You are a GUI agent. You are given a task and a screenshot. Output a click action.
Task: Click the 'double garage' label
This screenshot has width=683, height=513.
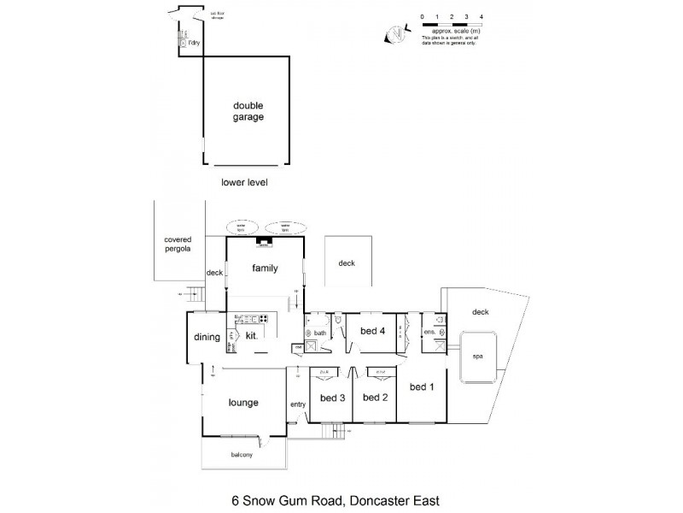point(248,111)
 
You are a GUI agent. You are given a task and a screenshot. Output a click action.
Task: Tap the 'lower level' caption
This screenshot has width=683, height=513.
point(244,182)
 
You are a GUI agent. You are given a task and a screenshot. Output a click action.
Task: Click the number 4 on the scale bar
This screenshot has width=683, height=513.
point(482,17)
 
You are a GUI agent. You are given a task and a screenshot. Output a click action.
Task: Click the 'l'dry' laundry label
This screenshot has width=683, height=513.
point(194,42)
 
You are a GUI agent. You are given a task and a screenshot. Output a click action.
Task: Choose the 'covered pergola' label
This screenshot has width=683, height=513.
point(178,245)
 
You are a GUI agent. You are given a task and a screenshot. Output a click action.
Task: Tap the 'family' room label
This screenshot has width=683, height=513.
point(266,268)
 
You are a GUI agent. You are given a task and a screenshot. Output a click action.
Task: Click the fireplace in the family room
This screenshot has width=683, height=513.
point(264,244)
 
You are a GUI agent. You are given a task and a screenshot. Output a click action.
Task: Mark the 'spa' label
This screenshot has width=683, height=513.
point(477,357)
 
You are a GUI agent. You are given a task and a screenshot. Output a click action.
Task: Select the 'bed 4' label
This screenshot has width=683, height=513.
point(372,330)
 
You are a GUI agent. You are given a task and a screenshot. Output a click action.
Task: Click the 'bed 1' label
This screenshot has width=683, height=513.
point(422,386)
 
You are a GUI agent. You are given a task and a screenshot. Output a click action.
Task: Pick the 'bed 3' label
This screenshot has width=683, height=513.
point(331,397)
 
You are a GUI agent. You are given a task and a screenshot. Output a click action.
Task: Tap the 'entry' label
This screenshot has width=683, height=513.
point(297,404)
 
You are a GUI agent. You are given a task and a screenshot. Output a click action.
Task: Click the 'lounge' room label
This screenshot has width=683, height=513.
point(243,402)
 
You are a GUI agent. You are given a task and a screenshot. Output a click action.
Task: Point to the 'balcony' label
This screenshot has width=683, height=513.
point(241,454)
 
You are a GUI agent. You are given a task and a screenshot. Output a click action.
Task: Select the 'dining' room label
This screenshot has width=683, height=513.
point(207,337)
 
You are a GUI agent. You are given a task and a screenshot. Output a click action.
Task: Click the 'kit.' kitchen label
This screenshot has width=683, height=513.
point(252,337)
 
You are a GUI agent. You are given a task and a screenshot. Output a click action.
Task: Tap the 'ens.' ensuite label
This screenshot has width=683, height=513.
point(429,331)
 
